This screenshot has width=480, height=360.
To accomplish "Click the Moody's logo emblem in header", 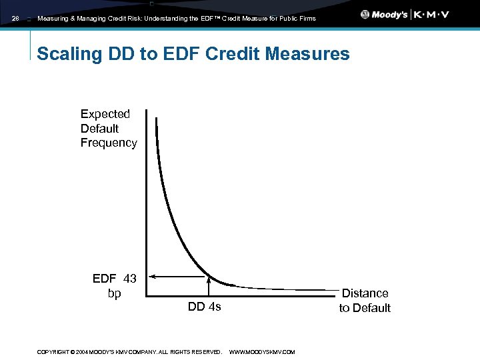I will (365, 15).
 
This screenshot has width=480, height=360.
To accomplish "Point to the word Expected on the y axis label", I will (105, 114).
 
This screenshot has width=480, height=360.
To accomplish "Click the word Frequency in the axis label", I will (109, 143).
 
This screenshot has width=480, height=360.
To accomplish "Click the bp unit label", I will (115, 293).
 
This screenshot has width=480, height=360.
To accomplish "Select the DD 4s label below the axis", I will (204, 307).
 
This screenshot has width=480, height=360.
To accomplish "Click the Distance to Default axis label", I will (365, 300).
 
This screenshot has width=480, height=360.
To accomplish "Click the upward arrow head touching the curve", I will (209, 279).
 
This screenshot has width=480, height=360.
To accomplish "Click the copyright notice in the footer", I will (129, 352).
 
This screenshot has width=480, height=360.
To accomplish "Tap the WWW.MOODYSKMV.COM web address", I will (262, 352).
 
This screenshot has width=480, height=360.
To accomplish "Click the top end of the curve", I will (157, 119).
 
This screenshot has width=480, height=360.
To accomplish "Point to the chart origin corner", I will (147, 293).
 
